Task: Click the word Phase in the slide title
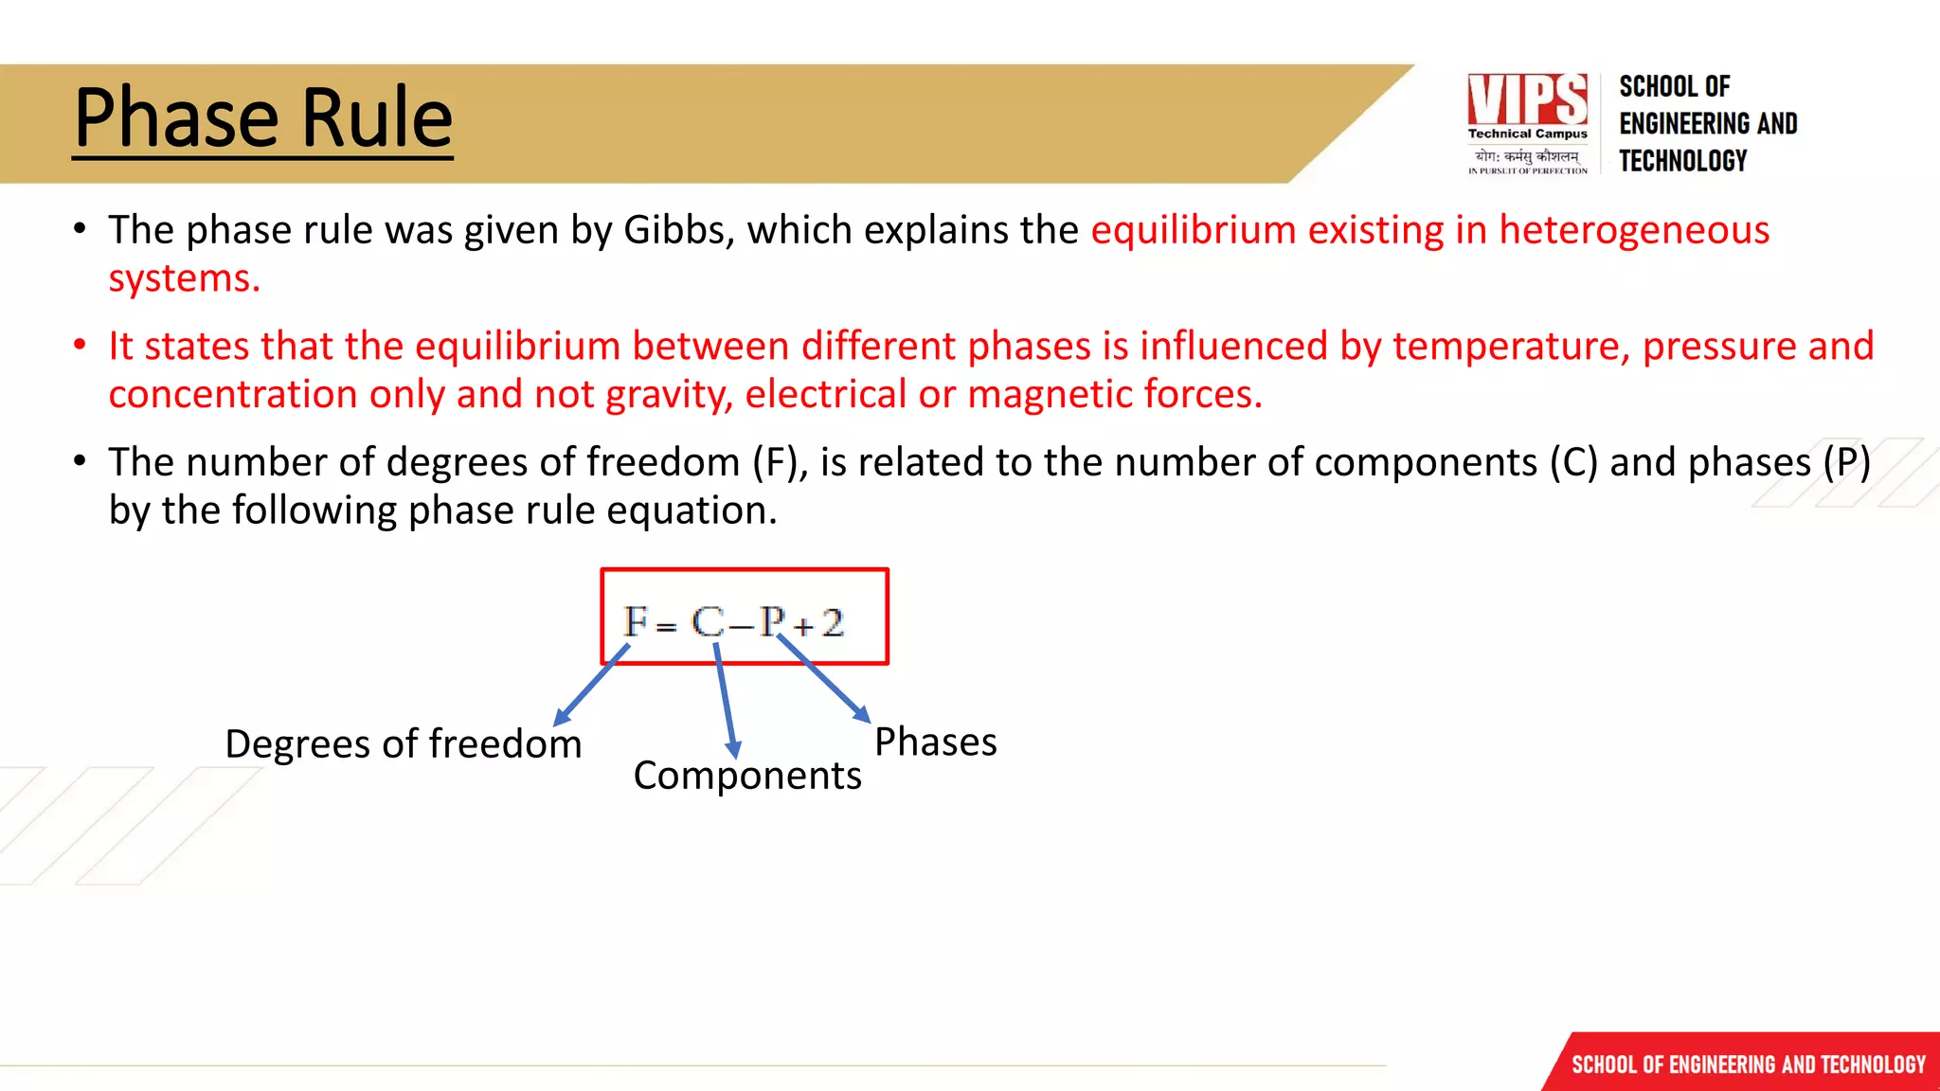pyautogui.click(x=176, y=118)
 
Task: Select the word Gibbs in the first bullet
pyautogui.click(x=678, y=230)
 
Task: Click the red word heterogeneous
pyautogui.click(x=1633, y=230)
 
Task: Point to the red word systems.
pyautogui.click(x=184, y=278)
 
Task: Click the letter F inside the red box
pyautogui.click(x=635, y=622)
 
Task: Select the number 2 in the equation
pyautogui.click(x=832, y=622)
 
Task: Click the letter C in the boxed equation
pyautogui.click(x=708, y=622)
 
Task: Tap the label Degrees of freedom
pyautogui.click(x=403, y=744)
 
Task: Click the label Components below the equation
pyautogui.click(x=746, y=776)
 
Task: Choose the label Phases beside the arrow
pyautogui.click(x=935, y=742)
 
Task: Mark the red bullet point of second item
pyautogui.click(x=80, y=345)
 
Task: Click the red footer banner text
pyautogui.click(x=1748, y=1064)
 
